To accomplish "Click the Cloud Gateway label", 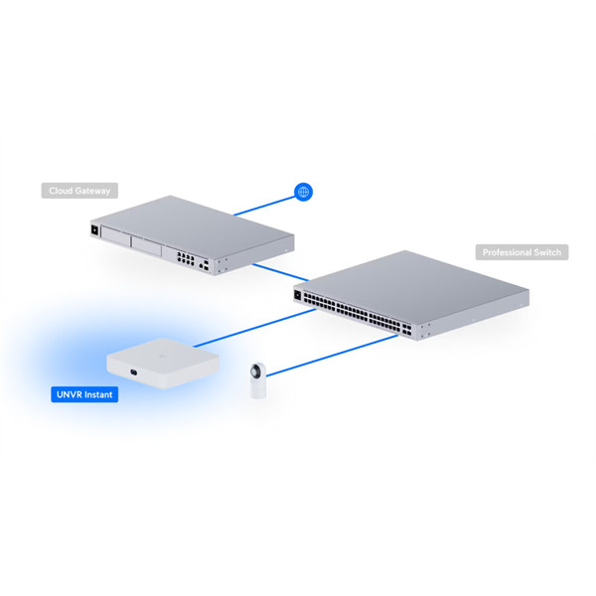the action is pyautogui.click(x=79, y=191).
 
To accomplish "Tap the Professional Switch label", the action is pyautogui.click(x=521, y=252).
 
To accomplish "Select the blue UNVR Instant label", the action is pyautogui.click(x=84, y=394).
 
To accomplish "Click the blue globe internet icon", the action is pyautogui.click(x=303, y=192).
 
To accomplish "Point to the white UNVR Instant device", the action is pyautogui.click(x=163, y=363).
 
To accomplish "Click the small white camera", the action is pyautogui.click(x=257, y=380).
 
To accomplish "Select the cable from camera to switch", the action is pyautogui.click(x=332, y=356).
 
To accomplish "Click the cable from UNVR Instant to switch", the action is pyautogui.click(x=254, y=328).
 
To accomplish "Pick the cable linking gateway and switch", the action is pyautogui.click(x=280, y=272).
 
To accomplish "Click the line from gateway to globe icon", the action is pyautogui.click(x=264, y=206).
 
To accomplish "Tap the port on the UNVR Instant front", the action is pyautogui.click(x=133, y=372).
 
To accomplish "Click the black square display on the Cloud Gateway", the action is pyautogui.click(x=94, y=230).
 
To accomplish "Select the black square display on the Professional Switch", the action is pyautogui.click(x=298, y=295).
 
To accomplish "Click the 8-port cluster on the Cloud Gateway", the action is pyautogui.click(x=186, y=259).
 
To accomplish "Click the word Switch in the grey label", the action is pyautogui.click(x=547, y=252).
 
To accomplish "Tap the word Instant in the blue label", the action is pyautogui.click(x=98, y=394).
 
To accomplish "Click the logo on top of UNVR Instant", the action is pyautogui.click(x=163, y=356).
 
